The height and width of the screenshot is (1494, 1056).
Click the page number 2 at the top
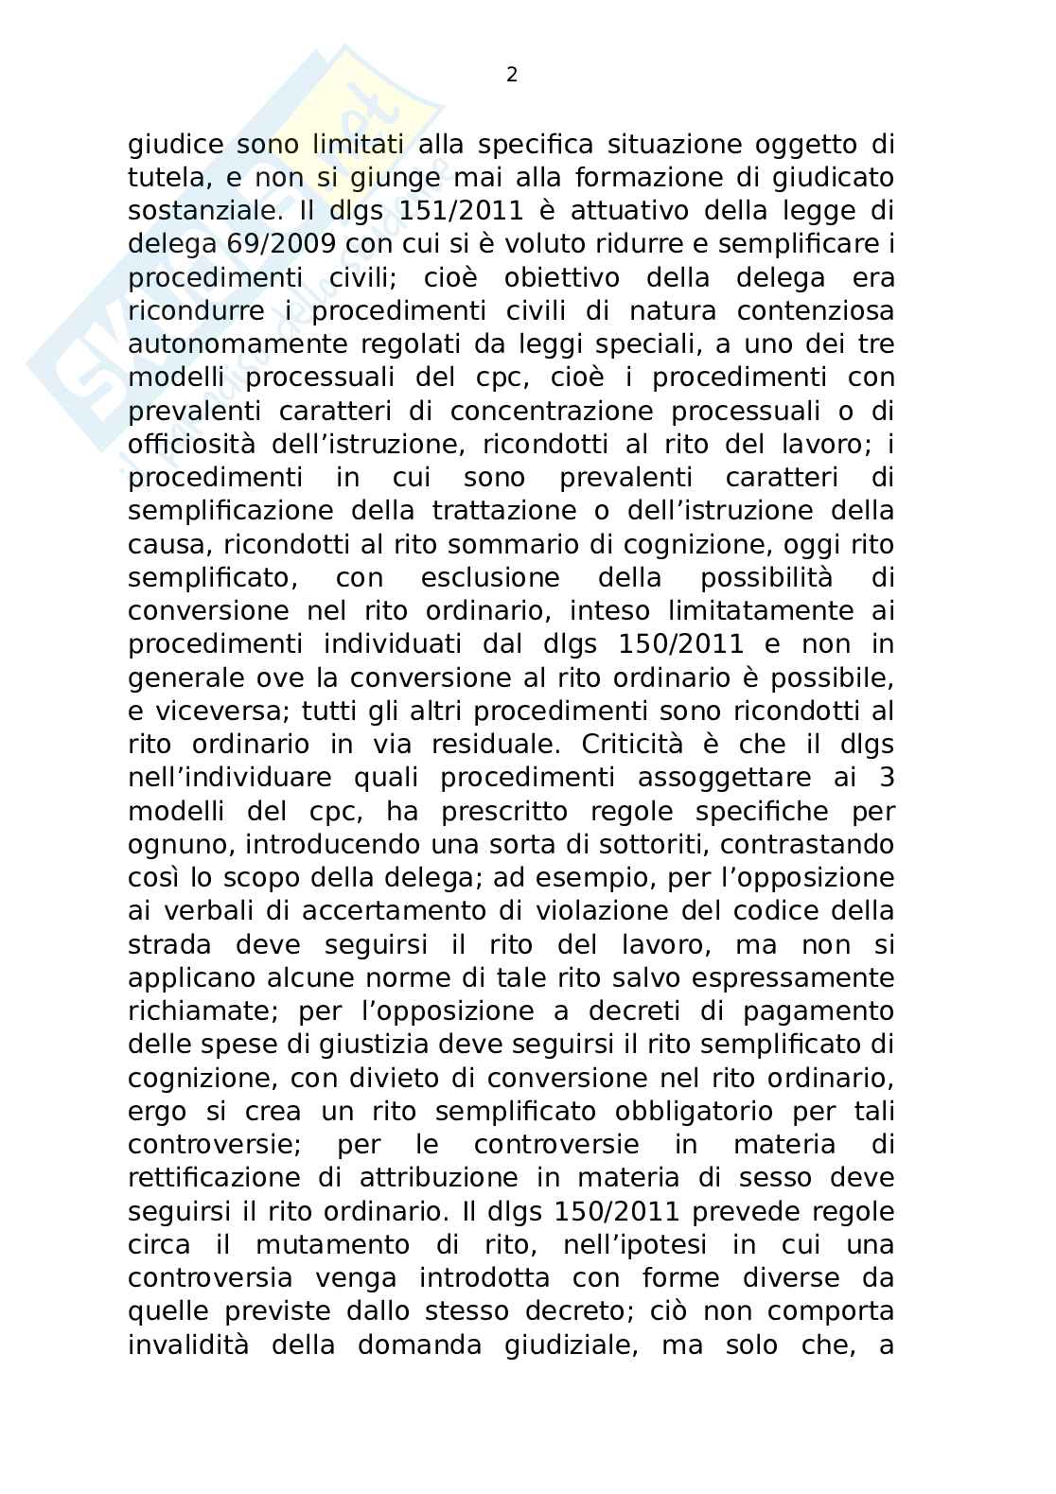point(512,76)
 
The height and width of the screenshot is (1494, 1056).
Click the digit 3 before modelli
point(887,778)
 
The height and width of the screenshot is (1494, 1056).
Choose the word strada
point(171,944)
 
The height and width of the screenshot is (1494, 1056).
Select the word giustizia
point(449,1045)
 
